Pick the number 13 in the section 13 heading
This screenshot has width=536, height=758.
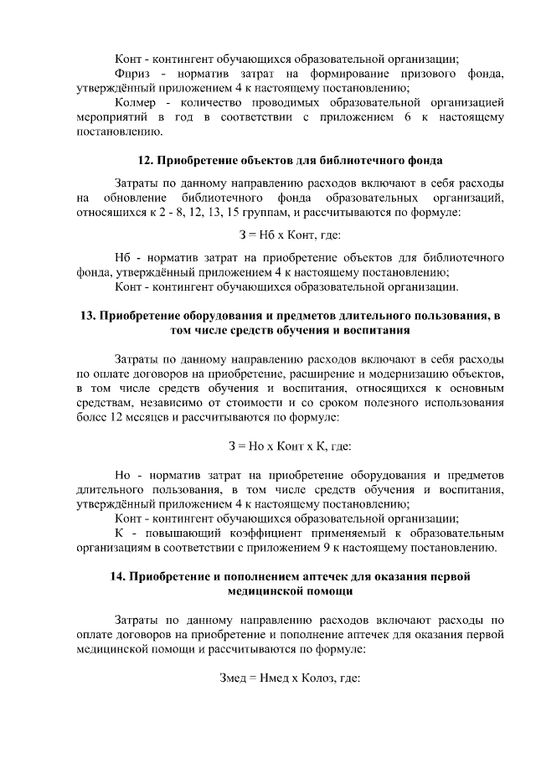click(87, 316)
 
